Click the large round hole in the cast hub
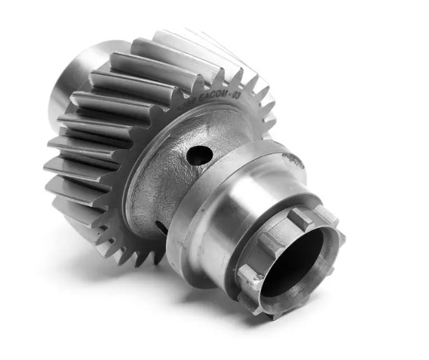(x=199, y=155)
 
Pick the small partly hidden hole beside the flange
(x=162, y=227)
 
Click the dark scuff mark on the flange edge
(x=293, y=160)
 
